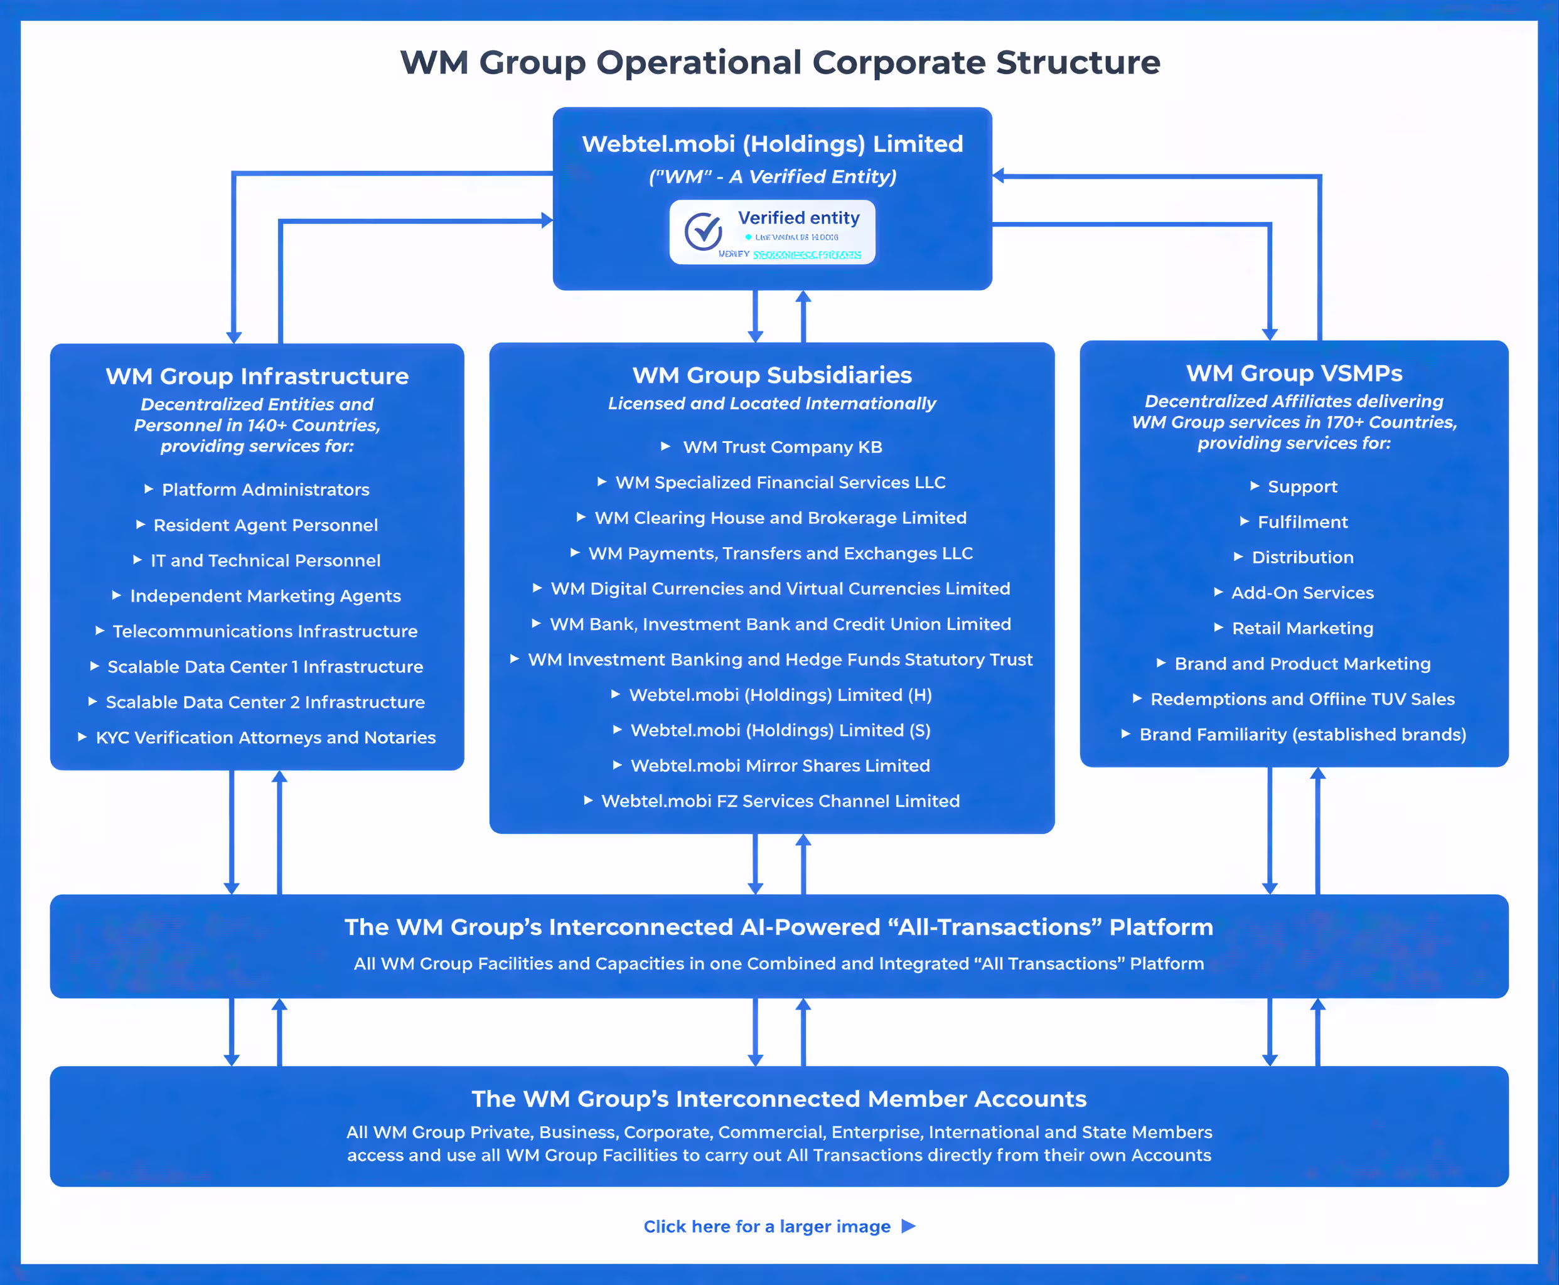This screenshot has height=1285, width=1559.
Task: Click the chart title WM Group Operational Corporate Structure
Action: pyautogui.click(x=779, y=62)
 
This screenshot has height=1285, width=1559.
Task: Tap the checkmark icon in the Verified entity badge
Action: pyautogui.click(x=702, y=231)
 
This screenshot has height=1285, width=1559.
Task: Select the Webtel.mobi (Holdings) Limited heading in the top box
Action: pyautogui.click(x=772, y=144)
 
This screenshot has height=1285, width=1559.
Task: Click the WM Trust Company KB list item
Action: pyautogui.click(x=782, y=447)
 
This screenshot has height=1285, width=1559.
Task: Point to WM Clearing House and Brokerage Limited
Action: pyautogui.click(x=780, y=518)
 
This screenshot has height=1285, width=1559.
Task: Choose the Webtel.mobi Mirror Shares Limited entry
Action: pyautogui.click(x=779, y=766)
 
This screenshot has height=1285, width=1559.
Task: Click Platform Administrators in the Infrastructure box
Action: pyautogui.click(x=265, y=490)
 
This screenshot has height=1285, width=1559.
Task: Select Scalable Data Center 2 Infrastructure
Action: pyautogui.click(x=265, y=703)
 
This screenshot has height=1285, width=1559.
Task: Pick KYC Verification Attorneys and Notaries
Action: pyautogui.click(x=265, y=738)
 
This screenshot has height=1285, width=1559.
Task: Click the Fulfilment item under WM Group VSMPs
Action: pyautogui.click(x=1302, y=523)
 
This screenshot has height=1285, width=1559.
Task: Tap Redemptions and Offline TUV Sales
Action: pyautogui.click(x=1302, y=700)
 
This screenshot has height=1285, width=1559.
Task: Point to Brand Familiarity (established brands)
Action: pyautogui.click(x=1302, y=735)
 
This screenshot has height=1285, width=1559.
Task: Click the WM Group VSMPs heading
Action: pyautogui.click(x=1294, y=373)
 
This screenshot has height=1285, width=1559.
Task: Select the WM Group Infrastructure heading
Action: pyautogui.click(x=257, y=376)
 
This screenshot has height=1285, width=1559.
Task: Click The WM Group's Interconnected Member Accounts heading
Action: pyautogui.click(x=779, y=1099)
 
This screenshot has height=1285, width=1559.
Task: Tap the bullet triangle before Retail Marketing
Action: pyautogui.click(x=1218, y=627)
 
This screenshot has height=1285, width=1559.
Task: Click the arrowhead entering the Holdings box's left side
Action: pyautogui.click(x=547, y=220)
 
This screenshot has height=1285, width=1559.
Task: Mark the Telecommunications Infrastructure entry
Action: pyautogui.click(x=265, y=631)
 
